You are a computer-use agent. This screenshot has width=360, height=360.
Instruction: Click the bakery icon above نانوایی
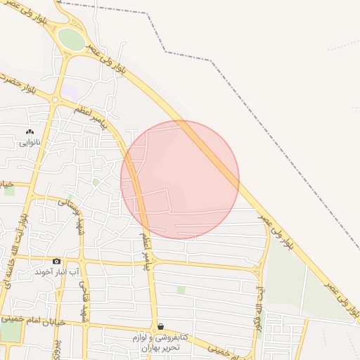click(x=30, y=131)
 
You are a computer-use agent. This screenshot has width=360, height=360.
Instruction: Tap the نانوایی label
click(x=30, y=142)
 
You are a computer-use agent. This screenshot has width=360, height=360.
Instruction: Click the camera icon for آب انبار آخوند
click(x=57, y=262)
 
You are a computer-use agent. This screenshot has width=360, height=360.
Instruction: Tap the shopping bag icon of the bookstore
click(x=161, y=327)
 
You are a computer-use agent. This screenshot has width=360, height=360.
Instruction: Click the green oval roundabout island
click(x=70, y=39)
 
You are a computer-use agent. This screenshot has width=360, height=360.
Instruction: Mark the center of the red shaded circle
click(x=180, y=180)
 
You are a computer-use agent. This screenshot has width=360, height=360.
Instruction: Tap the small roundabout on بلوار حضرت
click(x=54, y=101)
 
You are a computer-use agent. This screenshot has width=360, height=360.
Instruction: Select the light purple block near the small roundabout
click(x=70, y=92)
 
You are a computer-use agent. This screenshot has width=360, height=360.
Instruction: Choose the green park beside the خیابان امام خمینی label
click(x=11, y=331)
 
